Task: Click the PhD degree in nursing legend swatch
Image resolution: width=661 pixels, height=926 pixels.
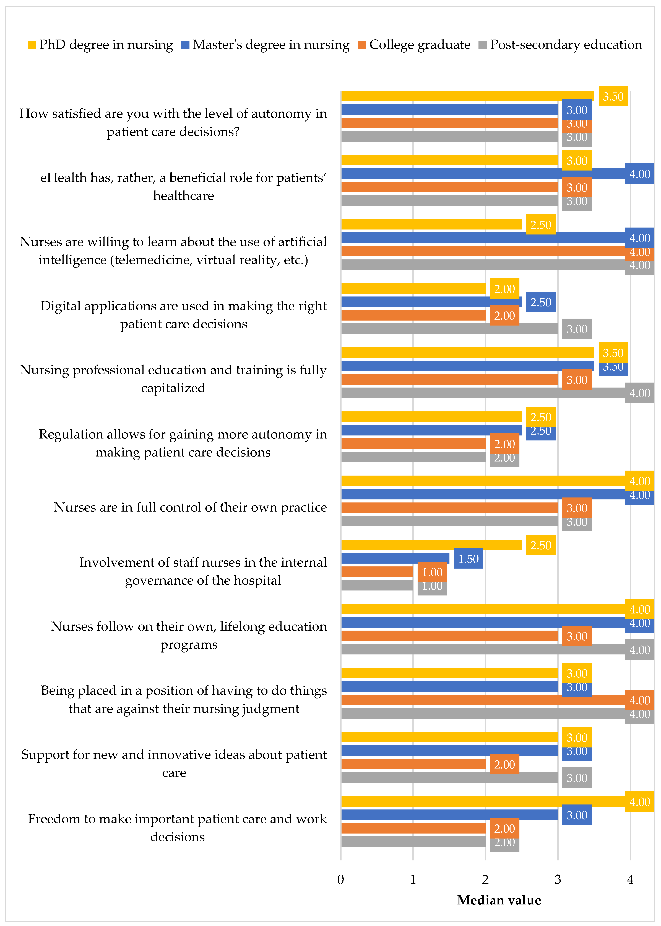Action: [x=32, y=45]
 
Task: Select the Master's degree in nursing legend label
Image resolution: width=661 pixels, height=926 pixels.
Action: [x=271, y=45]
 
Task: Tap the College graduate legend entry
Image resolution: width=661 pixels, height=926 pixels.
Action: [x=419, y=45]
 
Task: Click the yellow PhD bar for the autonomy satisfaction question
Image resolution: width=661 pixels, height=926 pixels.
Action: [x=467, y=96]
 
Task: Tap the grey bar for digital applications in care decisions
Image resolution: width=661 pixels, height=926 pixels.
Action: [x=449, y=329]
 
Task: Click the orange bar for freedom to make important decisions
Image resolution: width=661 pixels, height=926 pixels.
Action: [x=413, y=828]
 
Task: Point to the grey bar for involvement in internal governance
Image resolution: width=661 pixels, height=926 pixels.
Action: [x=377, y=585]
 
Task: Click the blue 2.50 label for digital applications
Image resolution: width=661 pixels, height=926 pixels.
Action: [x=540, y=302]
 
